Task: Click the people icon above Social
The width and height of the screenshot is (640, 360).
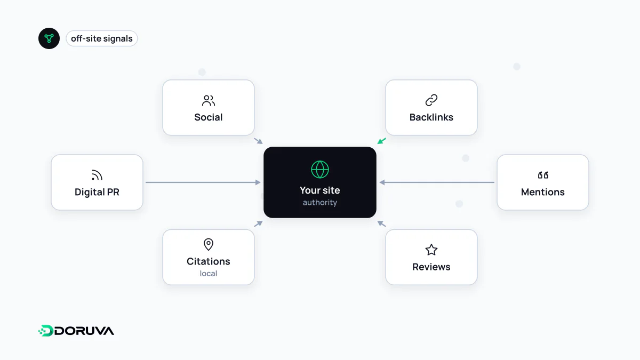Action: (x=209, y=101)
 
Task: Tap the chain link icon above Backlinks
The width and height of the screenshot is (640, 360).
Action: (x=431, y=100)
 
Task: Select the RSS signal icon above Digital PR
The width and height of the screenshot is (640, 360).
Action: (x=97, y=175)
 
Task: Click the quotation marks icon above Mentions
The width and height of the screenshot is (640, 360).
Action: (x=543, y=175)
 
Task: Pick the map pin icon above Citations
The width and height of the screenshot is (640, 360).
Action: (x=209, y=245)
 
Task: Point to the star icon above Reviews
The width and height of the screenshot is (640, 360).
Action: (x=431, y=250)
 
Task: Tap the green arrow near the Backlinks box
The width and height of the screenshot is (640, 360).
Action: (x=382, y=141)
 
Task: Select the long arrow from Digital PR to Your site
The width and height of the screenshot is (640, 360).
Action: (x=203, y=182)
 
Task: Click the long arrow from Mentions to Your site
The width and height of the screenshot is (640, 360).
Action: (x=437, y=182)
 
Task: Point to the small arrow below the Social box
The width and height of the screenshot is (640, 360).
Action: (x=258, y=141)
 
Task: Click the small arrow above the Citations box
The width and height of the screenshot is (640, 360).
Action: (x=258, y=223)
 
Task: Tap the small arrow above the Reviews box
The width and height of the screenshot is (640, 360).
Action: (x=382, y=223)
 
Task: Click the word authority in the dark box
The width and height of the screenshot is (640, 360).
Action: (x=319, y=203)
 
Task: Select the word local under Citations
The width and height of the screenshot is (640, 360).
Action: (x=209, y=274)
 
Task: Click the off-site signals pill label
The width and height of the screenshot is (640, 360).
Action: (x=102, y=38)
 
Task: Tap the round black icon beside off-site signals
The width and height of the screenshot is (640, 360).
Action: (x=49, y=38)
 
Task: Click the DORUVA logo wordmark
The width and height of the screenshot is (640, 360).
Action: (x=76, y=331)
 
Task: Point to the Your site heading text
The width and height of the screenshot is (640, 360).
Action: (x=319, y=190)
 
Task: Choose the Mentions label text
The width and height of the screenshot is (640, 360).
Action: (x=542, y=192)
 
